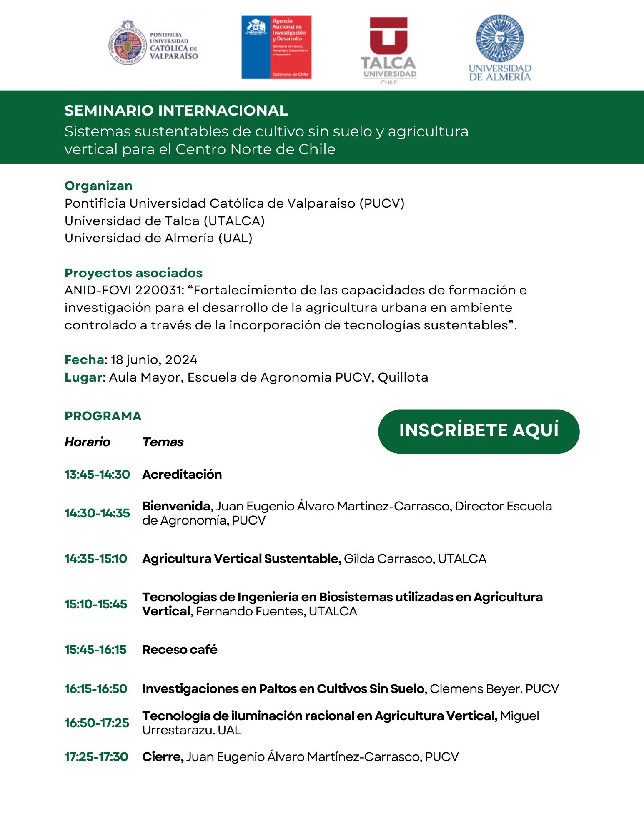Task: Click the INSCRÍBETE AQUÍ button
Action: pos(479,431)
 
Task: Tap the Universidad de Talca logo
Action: pos(388,49)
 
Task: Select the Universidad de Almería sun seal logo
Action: pos(500,39)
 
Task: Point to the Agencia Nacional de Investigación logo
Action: pos(276,48)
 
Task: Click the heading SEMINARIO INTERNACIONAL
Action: pos(176,111)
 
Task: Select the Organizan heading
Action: pos(98,186)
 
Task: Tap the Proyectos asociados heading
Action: pos(133,273)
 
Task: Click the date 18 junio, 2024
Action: pos(154,360)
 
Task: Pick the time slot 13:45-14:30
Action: pos(97,475)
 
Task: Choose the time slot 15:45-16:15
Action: pos(95,650)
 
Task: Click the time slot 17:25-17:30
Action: pos(96,757)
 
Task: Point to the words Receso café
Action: pos(180,650)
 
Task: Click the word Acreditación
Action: pos(182,475)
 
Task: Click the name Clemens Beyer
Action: pos(476,689)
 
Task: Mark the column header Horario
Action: pos(88,442)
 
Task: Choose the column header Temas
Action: pos(163,442)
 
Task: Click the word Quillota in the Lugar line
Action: pos(403,377)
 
